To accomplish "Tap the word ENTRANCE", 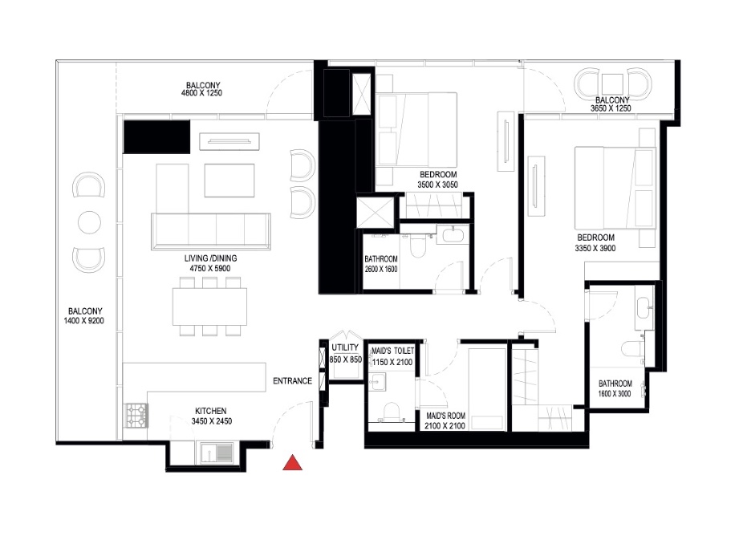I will pos(292,380).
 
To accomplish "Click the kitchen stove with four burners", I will pos(136,414).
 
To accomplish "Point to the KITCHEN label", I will pos(209,410).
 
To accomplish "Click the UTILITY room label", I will pos(345,348).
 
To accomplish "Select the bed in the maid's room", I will pos(486,388).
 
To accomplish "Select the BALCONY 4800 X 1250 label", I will pos(202,89).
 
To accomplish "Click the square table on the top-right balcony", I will pos(614,83).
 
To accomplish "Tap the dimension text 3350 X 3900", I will pos(595,248).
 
